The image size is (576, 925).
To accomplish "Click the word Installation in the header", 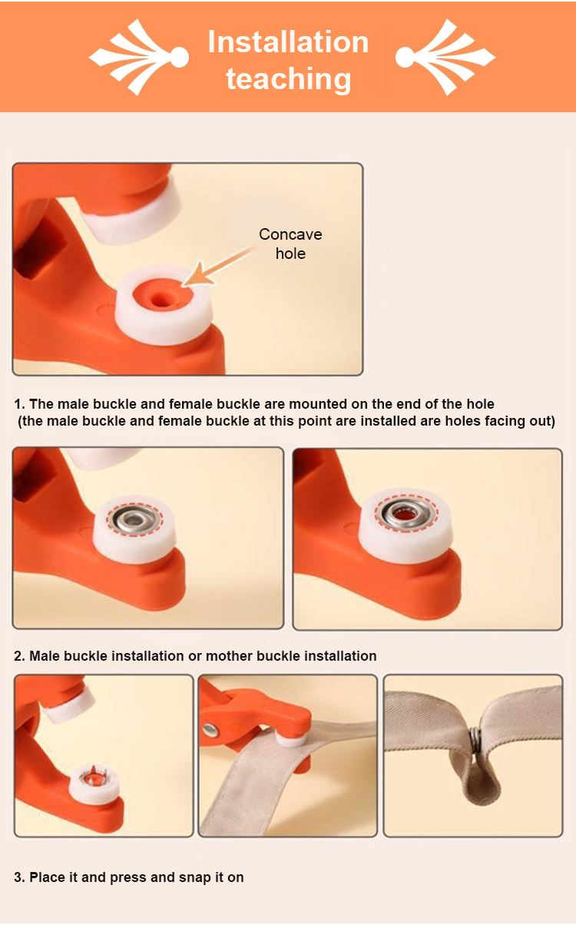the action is pyautogui.click(x=288, y=42).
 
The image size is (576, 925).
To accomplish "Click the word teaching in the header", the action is pyautogui.click(x=289, y=78).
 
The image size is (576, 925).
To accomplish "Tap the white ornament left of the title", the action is pyautogui.click(x=139, y=57).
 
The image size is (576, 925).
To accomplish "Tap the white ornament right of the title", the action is pyautogui.click(x=445, y=57).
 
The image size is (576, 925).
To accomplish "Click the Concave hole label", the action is pyautogui.click(x=290, y=244).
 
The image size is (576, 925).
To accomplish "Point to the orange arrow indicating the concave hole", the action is pyautogui.click(x=219, y=266).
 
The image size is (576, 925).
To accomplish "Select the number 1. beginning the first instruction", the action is pyautogui.click(x=20, y=403).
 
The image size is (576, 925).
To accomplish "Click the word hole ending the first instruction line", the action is pyautogui.click(x=480, y=403).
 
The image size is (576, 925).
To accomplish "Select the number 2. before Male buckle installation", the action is pyautogui.click(x=20, y=656).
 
